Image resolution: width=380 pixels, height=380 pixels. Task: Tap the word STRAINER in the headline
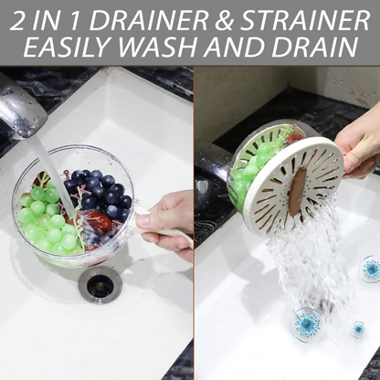point(305,21)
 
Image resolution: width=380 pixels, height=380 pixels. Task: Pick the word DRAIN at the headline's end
point(314,47)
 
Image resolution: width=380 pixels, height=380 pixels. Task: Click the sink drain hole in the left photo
point(100,285)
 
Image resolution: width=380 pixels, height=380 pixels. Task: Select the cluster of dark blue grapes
point(100,193)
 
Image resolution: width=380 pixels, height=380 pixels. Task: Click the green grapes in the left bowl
point(48,219)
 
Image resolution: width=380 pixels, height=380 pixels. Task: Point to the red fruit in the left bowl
point(98,222)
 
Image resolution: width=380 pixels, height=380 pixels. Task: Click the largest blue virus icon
point(306,323)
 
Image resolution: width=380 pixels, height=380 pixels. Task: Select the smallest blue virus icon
point(358,329)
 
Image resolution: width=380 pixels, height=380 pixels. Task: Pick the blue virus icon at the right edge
point(370,269)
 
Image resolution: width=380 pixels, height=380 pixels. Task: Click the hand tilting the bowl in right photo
point(359,143)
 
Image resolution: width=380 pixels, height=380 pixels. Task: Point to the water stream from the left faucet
point(55,175)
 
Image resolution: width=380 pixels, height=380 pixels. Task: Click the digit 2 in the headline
point(16,21)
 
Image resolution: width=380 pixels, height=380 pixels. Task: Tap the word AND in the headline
point(231,47)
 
